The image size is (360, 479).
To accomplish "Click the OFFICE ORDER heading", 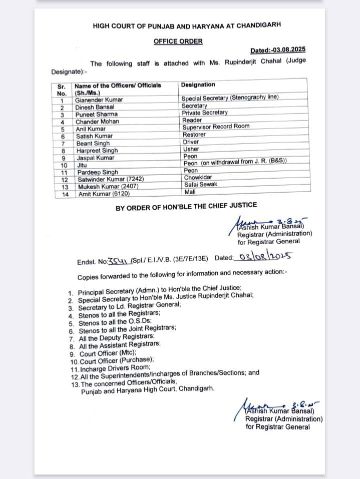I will (178, 41).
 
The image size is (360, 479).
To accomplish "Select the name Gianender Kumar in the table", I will (99, 100).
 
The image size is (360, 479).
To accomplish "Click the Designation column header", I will (198, 85).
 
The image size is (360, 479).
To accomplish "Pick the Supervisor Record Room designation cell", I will (215, 127).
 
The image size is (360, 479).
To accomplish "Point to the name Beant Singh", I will (92, 143).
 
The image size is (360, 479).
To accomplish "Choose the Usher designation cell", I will (191, 149).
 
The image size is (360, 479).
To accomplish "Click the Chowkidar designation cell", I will (198, 178).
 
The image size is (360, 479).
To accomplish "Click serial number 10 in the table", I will (64, 165).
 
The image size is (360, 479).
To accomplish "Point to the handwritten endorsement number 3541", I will (119, 260).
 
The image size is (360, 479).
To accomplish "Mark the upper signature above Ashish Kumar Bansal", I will (268, 222).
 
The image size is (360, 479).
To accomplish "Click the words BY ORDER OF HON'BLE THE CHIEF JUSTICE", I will (186, 205).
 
